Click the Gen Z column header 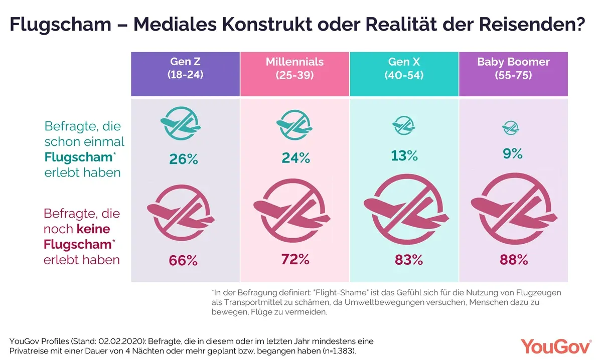click(x=185, y=69)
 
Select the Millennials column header click(x=294, y=69)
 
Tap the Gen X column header click(x=404, y=69)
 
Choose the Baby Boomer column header click(x=513, y=69)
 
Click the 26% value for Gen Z click(x=184, y=159)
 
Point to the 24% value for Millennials click(x=295, y=158)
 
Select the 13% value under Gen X click(x=404, y=155)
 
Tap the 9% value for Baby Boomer click(x=513, y=154)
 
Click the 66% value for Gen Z click(x=184, y=261)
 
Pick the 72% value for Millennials click(x=295, y=260)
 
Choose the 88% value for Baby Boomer click(x=514, y=260)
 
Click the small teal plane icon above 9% click(x=511, y=128)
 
